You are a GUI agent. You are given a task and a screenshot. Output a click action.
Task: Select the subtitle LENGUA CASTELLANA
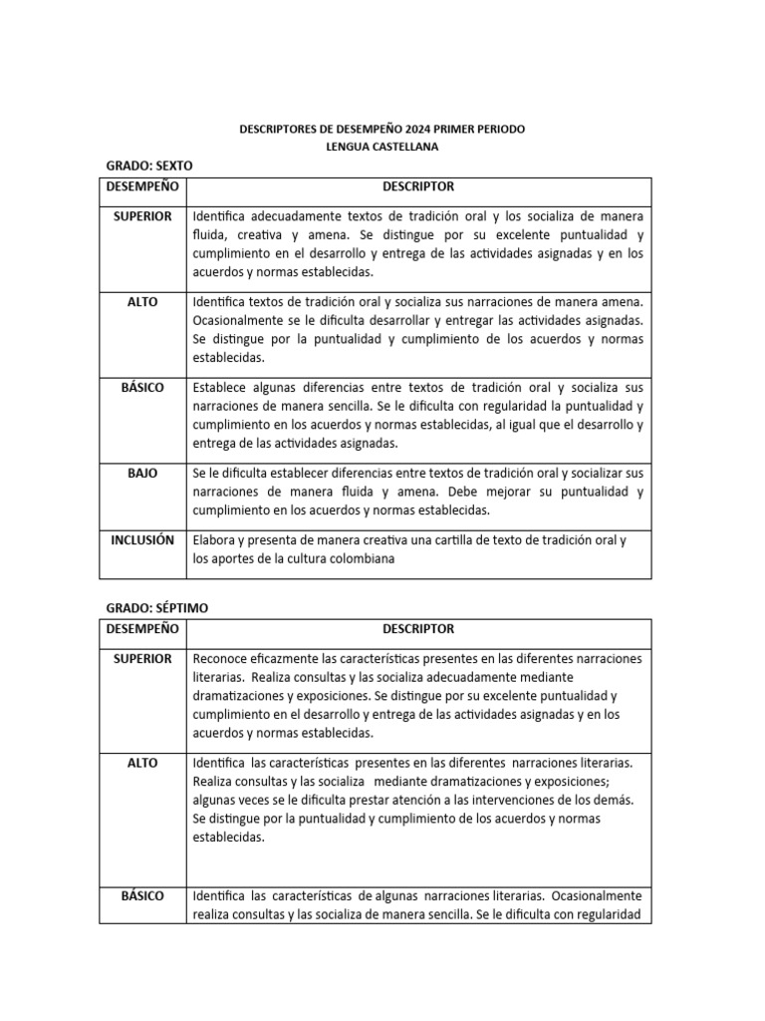tap(382, 148)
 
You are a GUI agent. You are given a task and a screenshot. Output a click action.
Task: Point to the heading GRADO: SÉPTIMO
tap(157, 607)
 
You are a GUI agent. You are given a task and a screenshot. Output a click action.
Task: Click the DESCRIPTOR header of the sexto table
tap(418, 186)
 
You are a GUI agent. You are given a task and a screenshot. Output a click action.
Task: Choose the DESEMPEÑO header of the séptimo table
tap(142, 629)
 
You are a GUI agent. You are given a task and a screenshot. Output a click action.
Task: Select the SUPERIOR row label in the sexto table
tap(142, 216)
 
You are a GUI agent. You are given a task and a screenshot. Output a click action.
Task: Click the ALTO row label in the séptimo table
tap(142, 763)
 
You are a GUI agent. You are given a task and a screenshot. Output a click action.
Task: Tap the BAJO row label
tap(142, 474)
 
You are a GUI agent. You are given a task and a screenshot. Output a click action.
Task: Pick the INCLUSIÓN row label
tap(142, 540)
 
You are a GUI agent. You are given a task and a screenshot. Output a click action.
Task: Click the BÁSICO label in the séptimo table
tap(142, 895)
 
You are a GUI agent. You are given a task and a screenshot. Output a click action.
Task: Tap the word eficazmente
tap(291, 659)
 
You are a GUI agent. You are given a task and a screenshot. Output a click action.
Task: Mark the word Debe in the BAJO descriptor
tap(467, 493)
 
